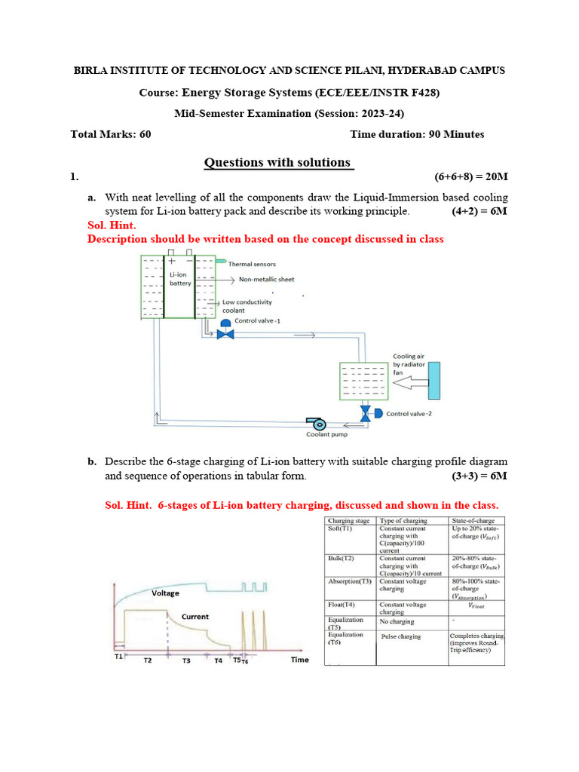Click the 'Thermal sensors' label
click(x=252, y=264)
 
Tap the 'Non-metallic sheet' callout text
click(x=266, y=279)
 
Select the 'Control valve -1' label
click(x=257, y=320)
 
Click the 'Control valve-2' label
click(x=409, y=414)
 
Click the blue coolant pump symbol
click(x=314, y=421)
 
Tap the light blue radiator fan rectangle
click(x=434, y=381)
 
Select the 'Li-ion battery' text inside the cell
click(x=180, y=280)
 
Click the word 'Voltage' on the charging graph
click(x=166, y=593)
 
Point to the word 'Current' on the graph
click(x=195, y=617)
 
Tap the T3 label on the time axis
click(x=186, y=660)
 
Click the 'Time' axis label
click(x=299, y=660)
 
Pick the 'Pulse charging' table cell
click(x=401, y=636)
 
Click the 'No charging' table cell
click(x=397, y=622)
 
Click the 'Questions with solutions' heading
click(x=278, y=162)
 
